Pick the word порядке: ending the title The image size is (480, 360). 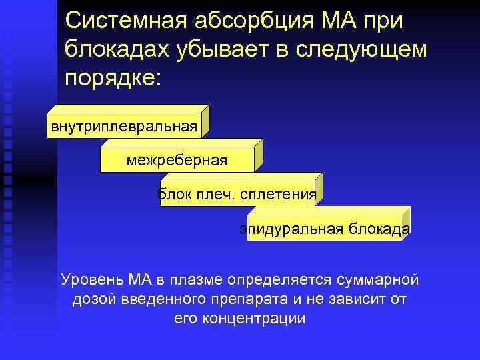pos(113,77)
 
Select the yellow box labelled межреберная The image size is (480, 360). pos(177,160)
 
